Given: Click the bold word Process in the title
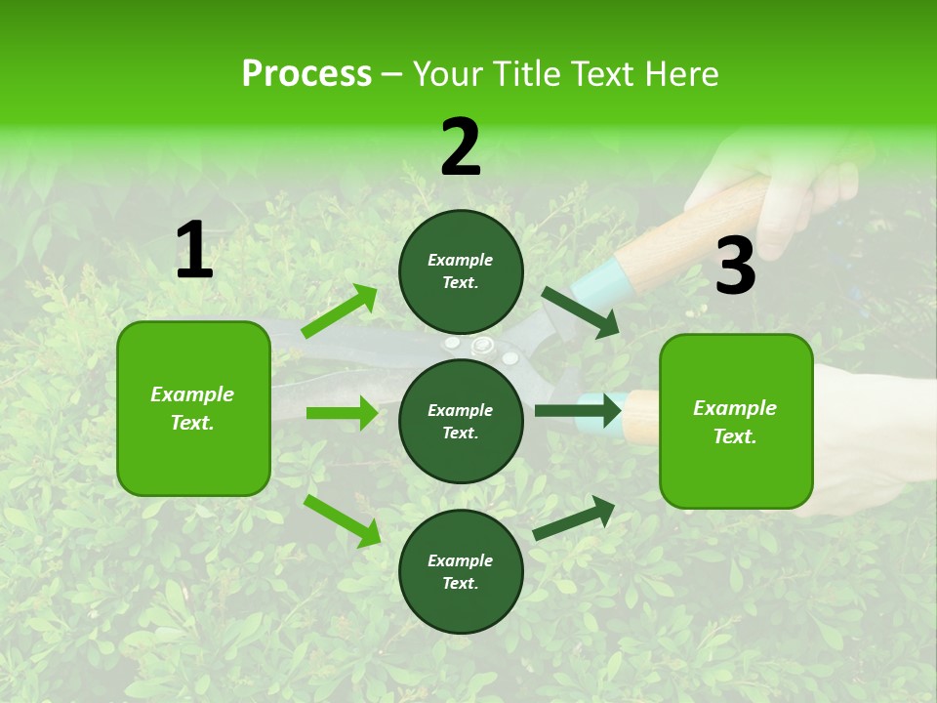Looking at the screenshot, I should point(306,74).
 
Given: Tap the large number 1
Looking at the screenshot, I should point(194,251).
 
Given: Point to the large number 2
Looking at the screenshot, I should point(461,147).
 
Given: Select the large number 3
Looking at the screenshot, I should point(735,267).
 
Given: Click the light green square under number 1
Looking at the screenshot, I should point(193,408).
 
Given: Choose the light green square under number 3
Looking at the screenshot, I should point(736,421).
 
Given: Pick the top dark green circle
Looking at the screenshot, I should point(461,271).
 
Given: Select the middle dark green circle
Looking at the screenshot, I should point(461,421).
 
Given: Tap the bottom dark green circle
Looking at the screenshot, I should point(461,571).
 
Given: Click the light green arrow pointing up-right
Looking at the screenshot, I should point(340,311).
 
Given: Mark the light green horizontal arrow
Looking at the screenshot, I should point(342,413).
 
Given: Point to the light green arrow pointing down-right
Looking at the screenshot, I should point(343,519).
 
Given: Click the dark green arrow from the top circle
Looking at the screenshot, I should point(580,312).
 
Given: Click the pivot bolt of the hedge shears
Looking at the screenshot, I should point(481,346).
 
